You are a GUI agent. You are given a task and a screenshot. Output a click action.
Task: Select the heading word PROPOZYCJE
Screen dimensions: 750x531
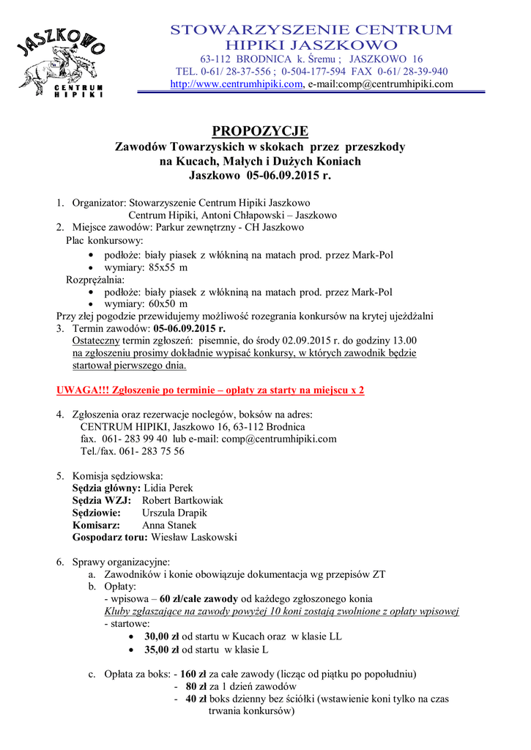[260, 131]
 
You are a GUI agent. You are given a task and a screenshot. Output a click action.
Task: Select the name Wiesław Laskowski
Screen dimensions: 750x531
[193, 538]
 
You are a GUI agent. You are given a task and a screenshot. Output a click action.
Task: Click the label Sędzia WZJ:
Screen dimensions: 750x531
[102, 500]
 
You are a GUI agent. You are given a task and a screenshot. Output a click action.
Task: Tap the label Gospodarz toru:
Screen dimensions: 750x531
[110, 538]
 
